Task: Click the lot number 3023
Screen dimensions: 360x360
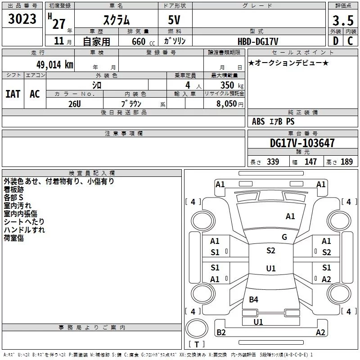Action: point(22,19)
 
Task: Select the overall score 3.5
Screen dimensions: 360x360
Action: point(342,21)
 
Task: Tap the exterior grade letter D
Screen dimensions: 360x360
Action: point(335,41)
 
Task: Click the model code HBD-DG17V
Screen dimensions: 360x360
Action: point(259,41)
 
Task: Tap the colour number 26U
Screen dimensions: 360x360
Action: point(74,103)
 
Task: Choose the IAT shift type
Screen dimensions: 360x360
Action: point(13,94)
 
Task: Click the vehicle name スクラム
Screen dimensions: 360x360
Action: point(117,21)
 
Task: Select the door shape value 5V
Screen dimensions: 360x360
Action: point(175,21)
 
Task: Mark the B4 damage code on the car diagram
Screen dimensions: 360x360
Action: point(253,300)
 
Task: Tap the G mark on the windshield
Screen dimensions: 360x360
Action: point(284,237)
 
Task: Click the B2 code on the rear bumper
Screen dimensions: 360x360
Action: point(221,333)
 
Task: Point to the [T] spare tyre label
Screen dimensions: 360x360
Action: point(196,345)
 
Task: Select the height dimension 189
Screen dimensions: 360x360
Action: point(346,162)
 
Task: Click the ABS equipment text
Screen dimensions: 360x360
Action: point(258,121)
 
